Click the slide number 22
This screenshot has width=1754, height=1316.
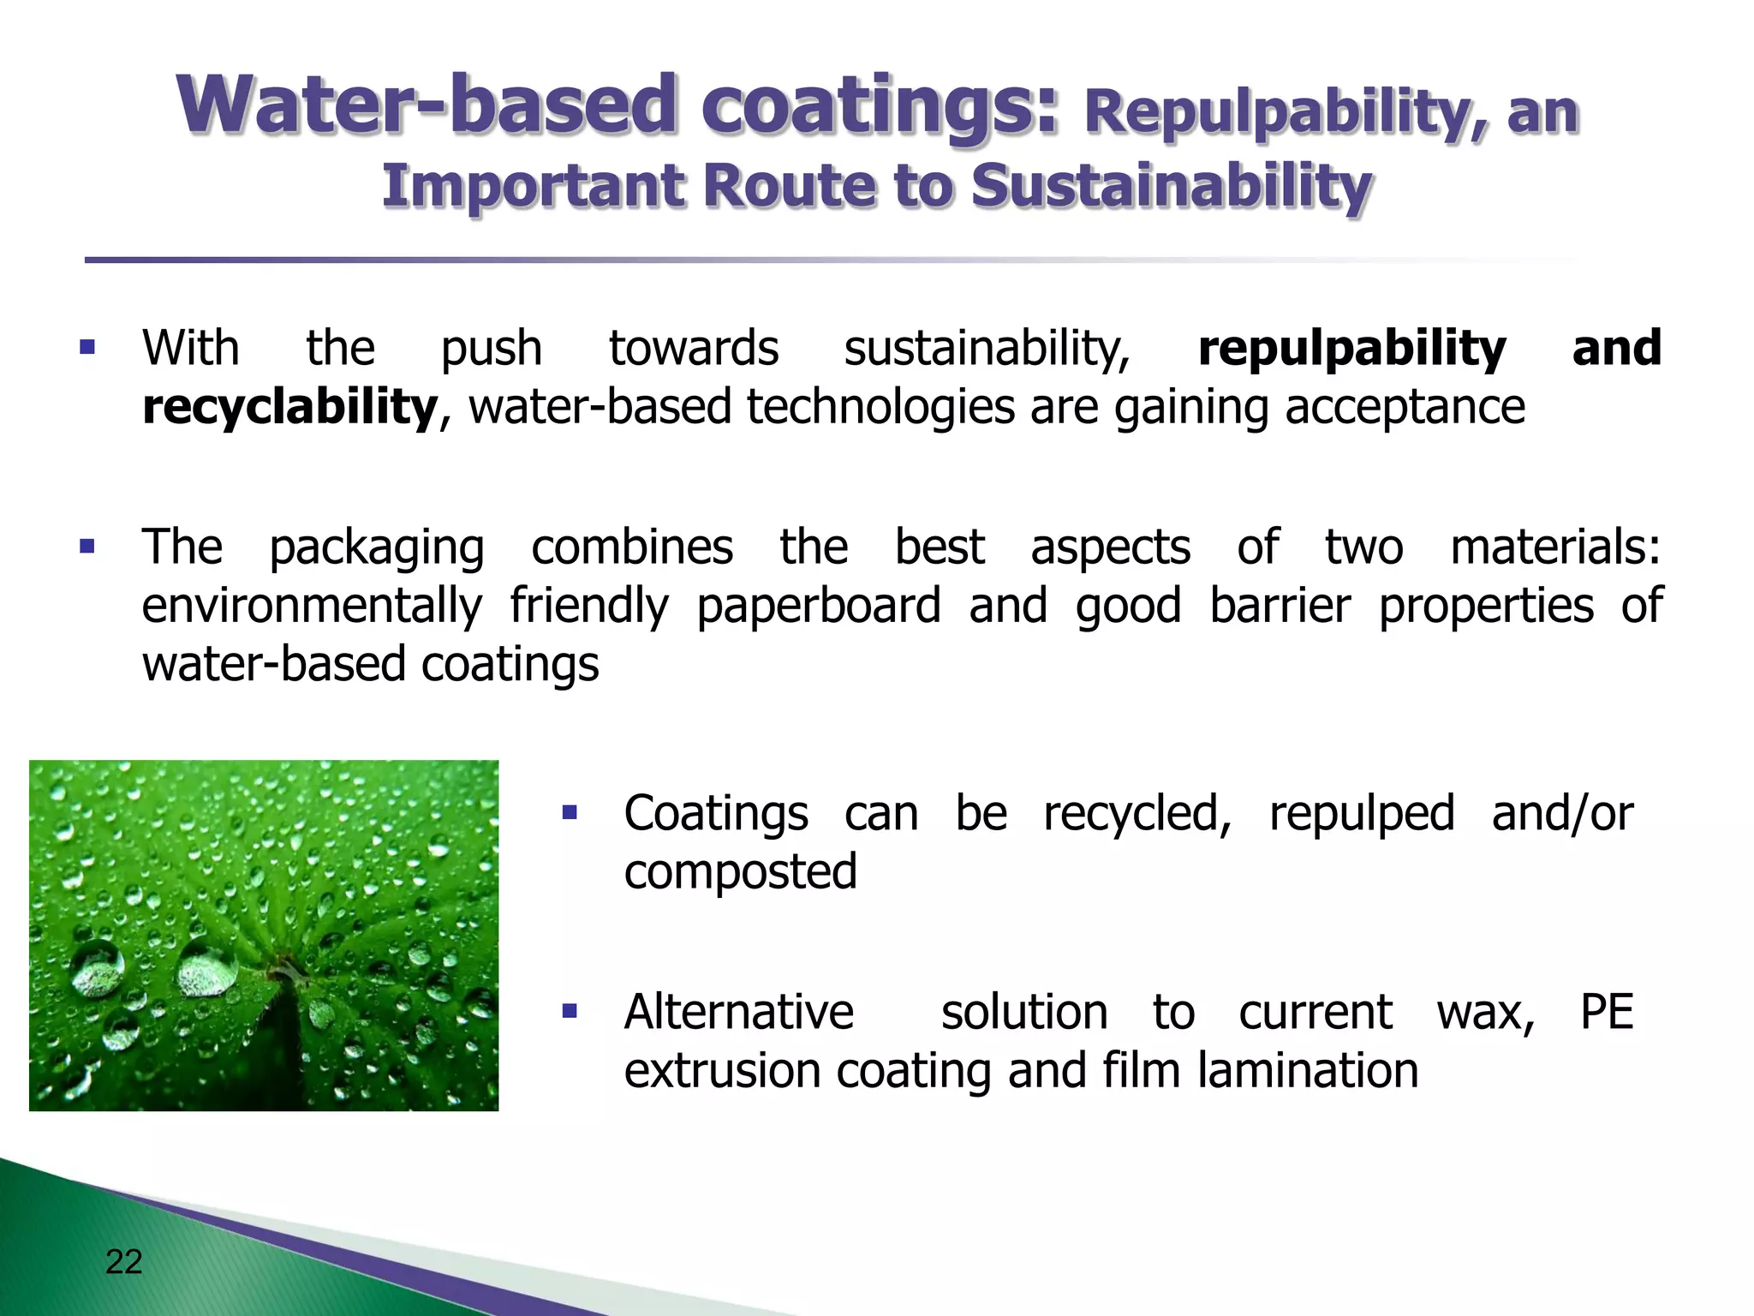123,1262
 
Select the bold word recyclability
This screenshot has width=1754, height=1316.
289,407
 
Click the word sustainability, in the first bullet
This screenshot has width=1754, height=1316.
987,350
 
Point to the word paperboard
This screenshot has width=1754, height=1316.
818,607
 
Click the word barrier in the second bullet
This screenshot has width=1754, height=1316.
1280,606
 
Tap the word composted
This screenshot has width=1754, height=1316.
740,872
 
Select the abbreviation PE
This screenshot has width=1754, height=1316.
1607,1012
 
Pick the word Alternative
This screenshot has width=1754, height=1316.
738,1012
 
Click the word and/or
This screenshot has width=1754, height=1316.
1562,813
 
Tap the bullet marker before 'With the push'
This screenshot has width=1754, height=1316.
87,348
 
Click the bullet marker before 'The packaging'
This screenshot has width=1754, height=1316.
87,547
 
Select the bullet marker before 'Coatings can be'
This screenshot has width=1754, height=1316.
570,812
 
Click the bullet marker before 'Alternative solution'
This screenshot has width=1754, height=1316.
570,1012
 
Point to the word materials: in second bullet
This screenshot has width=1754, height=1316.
1555,547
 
